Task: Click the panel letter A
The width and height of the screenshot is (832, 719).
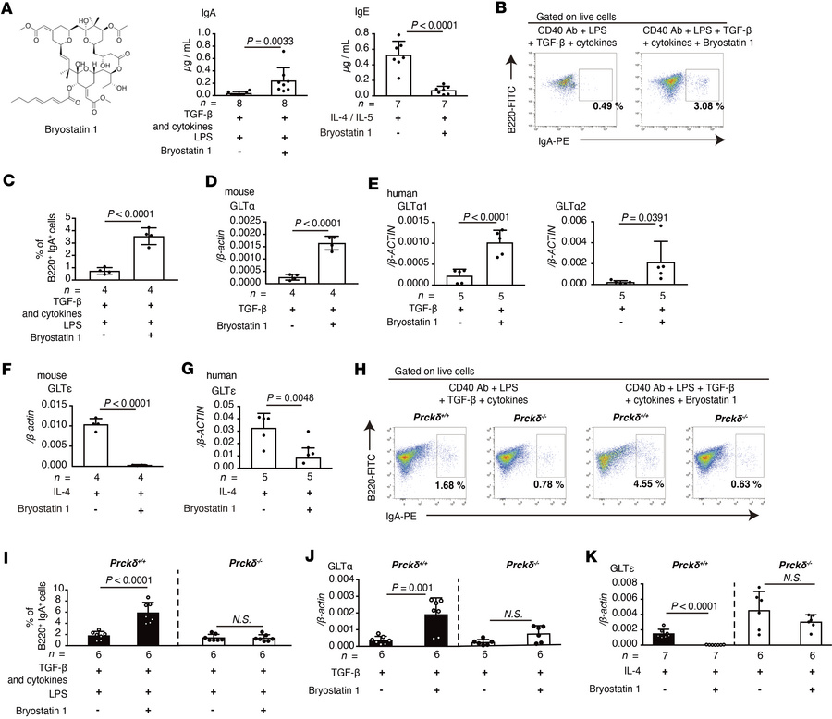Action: [x=7, y=8]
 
